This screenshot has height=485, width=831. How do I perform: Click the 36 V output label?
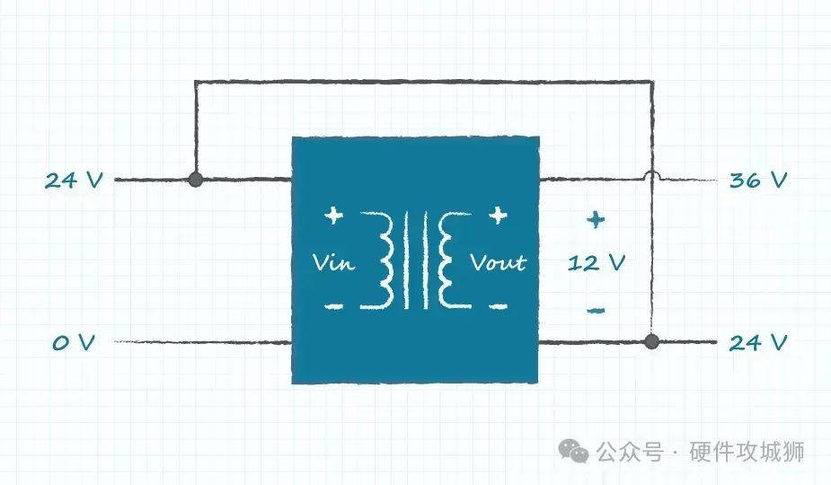coord(758,181)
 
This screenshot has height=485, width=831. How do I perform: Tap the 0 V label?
coord(73,343)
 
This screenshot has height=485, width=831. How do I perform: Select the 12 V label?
coord(596,263)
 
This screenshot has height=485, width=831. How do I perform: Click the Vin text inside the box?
coord(334,262)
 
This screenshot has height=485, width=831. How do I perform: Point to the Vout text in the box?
coord(499,262)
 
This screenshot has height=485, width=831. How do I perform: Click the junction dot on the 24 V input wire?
coord(195,181)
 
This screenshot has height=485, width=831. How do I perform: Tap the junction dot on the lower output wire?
coord(652,342)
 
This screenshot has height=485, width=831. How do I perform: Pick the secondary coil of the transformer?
coord(446,260)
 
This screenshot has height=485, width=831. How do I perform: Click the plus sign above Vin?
coord(333,216)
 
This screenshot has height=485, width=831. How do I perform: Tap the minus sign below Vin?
coord(333,306)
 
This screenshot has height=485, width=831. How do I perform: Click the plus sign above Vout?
coord(498,216)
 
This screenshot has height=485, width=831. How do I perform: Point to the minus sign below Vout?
coord(498,306)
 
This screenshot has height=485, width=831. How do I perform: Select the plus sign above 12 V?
coord(596,218)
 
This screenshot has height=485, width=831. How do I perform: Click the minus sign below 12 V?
coord(596,311)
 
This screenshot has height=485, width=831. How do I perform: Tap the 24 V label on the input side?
coord(74,181)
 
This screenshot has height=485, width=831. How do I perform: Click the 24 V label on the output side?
coord(758,343)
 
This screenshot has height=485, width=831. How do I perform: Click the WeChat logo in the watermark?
coord(574,451)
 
